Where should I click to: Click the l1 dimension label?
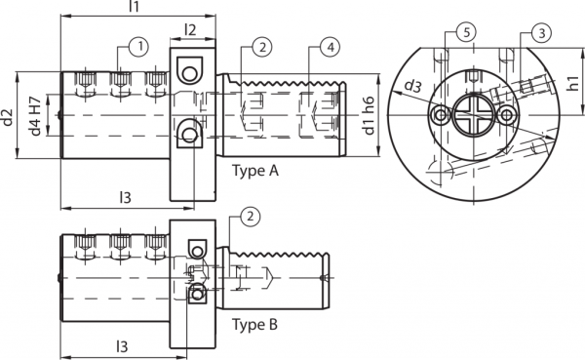point(136,8)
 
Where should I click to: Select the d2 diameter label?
point(9,118)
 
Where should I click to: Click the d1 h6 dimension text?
point(368,115)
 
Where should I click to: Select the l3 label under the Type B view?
point(123,346)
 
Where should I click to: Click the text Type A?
point(255,171)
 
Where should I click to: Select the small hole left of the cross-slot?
point(444,116)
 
